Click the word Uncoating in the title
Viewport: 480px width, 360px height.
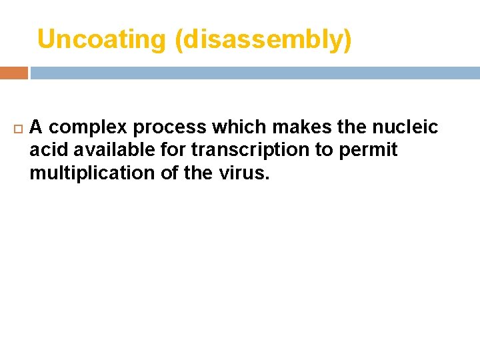coord(101,40)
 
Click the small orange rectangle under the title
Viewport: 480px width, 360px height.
coord(13,73)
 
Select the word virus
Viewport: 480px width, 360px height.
coord(245,173)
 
